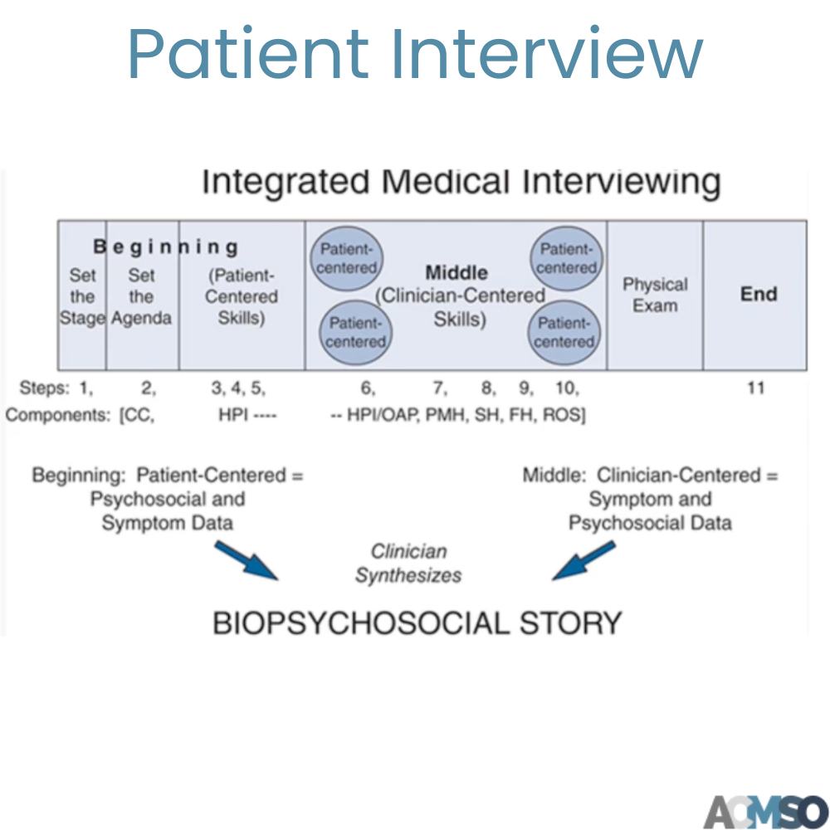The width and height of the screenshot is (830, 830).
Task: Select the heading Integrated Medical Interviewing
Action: click(461, 182)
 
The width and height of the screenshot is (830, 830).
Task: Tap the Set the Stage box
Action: click(82, 296)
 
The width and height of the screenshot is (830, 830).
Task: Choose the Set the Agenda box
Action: click(141, 296)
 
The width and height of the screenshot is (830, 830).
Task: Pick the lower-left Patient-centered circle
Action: click(357, 332)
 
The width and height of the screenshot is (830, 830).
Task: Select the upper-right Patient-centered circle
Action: click(567, 257)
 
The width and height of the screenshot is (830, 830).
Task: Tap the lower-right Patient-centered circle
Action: click(565, 332)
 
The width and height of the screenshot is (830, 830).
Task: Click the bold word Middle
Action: click(456, 272)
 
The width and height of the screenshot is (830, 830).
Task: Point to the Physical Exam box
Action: click(655, 295)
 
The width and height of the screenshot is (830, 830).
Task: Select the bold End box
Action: click(758, 294)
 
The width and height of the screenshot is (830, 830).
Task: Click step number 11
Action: click(755, 388)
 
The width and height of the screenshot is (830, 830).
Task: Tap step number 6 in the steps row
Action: click(368, 388)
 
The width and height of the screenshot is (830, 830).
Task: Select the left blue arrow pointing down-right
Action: click(246, 562)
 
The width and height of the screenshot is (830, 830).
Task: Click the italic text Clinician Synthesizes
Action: click(408, 564)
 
